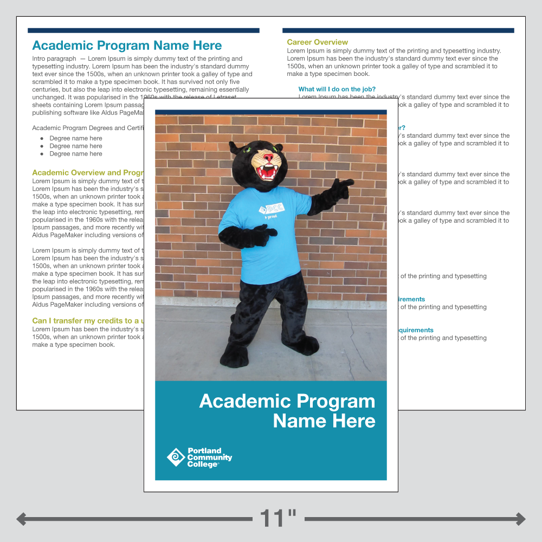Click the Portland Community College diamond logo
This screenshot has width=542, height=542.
(x=176, y=457)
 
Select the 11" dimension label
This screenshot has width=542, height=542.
(x=278, y=518)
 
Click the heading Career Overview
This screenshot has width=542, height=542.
(x=317, y=42)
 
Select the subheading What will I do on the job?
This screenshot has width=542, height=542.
(x=337, y=89)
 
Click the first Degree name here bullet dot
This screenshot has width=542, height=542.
(x=42, y=138)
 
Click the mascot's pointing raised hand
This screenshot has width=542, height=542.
(x=340, y=187)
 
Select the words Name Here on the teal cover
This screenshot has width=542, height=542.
(x=324, y=421)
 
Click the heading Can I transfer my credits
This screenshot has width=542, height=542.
(x=87, y=321)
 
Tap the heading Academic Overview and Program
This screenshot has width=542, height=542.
(x=87, y=173)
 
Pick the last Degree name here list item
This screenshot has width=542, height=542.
(x=75, y=154)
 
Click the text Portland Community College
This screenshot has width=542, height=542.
(x=209, y=457)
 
